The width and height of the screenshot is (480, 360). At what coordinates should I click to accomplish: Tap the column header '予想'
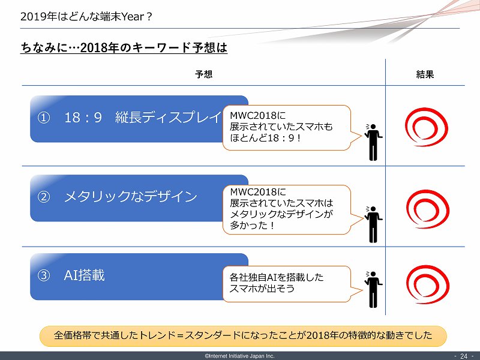[x=203, y=75]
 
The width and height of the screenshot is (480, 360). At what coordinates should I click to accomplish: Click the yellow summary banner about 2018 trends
[x=243, y=335]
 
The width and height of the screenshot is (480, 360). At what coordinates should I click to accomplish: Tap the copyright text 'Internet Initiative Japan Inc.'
[x=240, y=356]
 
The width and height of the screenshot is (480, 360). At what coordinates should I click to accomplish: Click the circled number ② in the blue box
[x=43, y=197]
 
